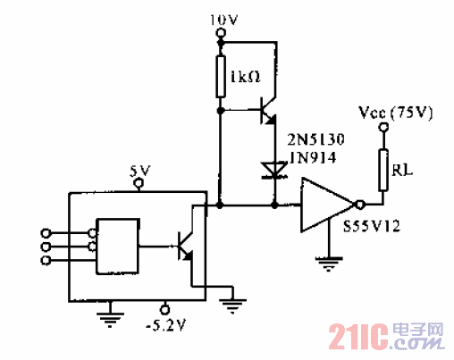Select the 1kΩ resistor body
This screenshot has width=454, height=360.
click(x=222, y=76)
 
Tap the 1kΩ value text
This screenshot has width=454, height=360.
click(x=244, y=78)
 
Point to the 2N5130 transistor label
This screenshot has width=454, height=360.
click(x=311, y=140)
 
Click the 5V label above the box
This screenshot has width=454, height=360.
click(x=138, y=170)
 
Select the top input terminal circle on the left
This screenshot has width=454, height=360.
click(x=48, y=233)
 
